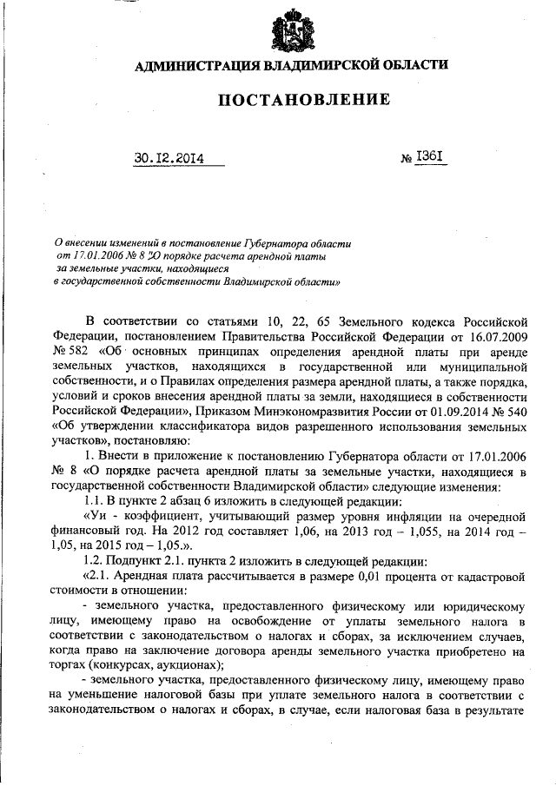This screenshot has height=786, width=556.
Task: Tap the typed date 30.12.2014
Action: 169,158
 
